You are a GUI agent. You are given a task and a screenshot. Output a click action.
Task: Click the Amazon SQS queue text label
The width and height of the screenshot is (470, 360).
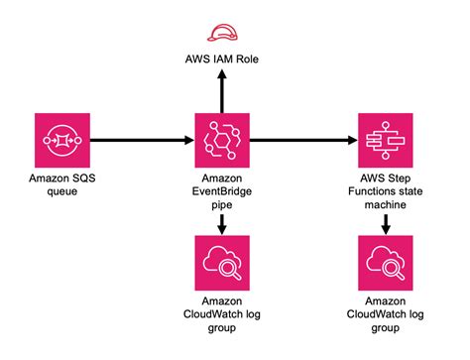[x=61, y=184]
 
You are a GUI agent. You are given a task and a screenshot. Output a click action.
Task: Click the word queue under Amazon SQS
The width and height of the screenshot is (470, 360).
[x=61, y=191]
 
